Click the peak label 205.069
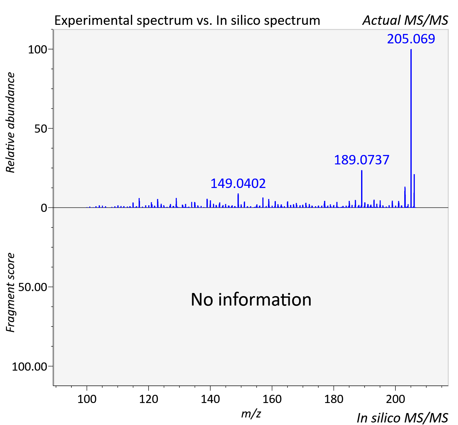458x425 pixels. point(411,39)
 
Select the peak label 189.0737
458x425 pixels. point(362,160)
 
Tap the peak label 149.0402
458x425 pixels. point(238,184)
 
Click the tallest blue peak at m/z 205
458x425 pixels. point(411,128)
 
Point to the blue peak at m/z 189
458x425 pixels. point(362,189)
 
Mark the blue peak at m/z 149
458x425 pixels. point(238,201)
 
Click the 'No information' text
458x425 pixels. point(251,300)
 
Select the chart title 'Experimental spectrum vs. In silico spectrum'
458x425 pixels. point(187,20)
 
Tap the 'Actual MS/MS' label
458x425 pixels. point(405,20)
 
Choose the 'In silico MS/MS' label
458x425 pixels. point(402,418)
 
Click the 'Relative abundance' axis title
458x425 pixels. point(10,122)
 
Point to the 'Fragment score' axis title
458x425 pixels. point(10,292)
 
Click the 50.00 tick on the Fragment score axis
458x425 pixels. point(32,287)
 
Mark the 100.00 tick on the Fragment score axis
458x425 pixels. point(29,367)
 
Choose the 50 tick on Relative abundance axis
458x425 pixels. point(41,129)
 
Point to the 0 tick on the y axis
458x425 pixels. point(44,208)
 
